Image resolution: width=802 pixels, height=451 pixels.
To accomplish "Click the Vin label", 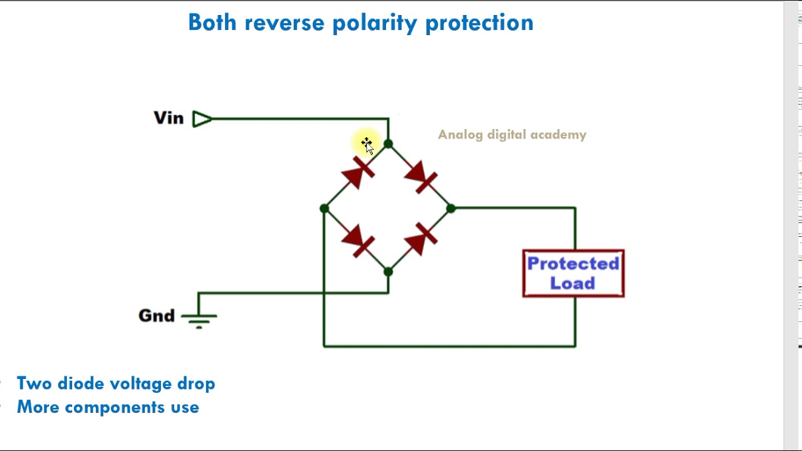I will coord(169,118).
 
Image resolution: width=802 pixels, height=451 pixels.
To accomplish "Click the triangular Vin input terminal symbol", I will coord(201,119).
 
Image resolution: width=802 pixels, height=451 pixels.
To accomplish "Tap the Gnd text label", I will coord(156,316).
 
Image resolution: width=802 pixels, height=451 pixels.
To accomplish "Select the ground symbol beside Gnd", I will coord(199,318).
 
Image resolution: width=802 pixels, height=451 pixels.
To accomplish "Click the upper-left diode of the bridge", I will coord(358,174).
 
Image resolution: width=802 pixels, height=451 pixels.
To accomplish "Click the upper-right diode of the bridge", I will coord(421,177).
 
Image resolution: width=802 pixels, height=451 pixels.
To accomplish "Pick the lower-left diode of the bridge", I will coord(358,241).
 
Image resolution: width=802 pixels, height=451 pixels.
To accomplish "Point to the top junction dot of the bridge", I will coord(388,145).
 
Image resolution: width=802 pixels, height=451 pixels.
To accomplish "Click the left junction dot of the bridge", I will coord(324,209).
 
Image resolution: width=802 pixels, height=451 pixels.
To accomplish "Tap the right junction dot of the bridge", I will coord(451,209).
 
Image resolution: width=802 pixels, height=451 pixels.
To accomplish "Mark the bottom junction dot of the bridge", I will coord(388,272).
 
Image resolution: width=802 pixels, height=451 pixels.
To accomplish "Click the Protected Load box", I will coord(573,273).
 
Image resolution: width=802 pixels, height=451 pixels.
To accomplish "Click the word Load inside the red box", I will coord(573,284).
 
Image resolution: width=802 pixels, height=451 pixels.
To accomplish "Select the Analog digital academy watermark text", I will coord(512,135).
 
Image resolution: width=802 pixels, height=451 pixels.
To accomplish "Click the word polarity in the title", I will coord(374,23).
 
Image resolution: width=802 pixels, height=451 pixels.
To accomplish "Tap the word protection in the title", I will coord(479,23).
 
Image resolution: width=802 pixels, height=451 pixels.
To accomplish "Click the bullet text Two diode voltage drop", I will coord(116,383).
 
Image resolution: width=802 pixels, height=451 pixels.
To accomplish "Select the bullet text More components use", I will coord(108,407).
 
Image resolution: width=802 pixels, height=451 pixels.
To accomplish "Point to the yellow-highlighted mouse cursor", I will coord(367,145).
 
